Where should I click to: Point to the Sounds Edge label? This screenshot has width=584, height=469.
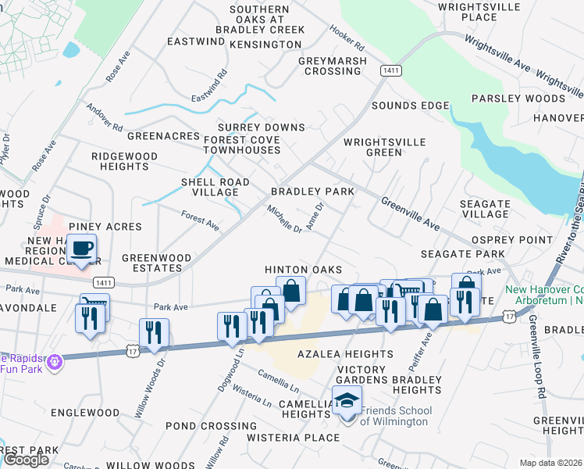pyautogui.click(x=410, y=106)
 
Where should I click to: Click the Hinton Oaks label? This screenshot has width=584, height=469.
pyautogui.click(x=303, y=270)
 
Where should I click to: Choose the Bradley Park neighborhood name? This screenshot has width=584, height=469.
pyautogui.click(x=312, y=192)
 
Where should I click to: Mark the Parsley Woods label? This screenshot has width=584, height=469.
pyautogui.click(x=518, y=98)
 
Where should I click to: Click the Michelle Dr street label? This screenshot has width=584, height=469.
pyautogui.click(x=284, y=220)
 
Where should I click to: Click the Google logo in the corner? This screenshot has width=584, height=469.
pyautogui.click(x=26, y=459)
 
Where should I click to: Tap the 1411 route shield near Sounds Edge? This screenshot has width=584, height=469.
pyautogui.click(x=391, y=71)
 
